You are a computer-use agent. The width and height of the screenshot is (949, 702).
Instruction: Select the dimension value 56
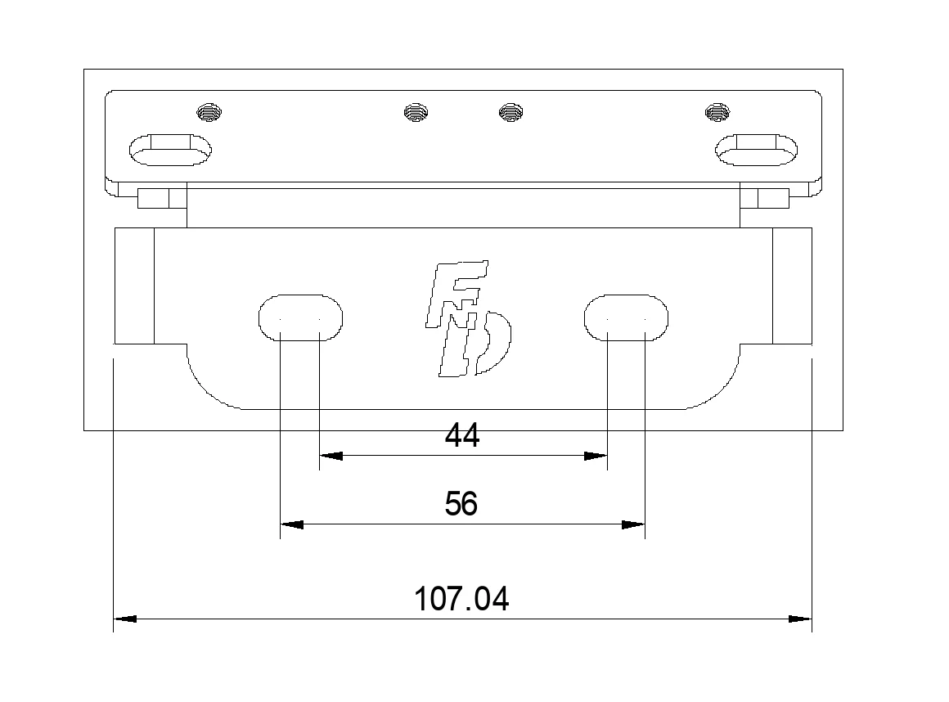pos(461,504)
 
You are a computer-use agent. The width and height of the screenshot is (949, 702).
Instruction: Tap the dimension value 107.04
pos(461,600)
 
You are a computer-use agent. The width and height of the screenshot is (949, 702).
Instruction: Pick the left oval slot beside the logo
pos(300,317)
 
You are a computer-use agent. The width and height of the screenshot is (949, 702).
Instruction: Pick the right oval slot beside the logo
pos(626,317)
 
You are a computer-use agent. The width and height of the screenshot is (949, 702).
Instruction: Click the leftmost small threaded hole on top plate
pos(210,112)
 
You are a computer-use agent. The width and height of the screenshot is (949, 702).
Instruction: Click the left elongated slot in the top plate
pos(170,150)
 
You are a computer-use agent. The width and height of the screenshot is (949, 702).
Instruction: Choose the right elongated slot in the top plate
pos(757,150)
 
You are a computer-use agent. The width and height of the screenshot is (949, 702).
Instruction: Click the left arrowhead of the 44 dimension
pos(330,456)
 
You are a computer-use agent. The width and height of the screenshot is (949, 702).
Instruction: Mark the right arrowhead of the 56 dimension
pos(633,524)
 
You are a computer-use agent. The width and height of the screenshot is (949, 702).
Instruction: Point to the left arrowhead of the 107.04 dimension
pos(124,619)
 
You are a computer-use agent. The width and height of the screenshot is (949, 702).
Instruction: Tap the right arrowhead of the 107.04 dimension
pos(800,619)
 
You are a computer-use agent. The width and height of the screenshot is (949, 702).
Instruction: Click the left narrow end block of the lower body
pos(134,286)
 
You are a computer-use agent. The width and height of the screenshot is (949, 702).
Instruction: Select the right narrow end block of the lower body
pos(792,286)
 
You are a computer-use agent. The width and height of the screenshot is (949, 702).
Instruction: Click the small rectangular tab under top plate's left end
pos(152,199)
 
